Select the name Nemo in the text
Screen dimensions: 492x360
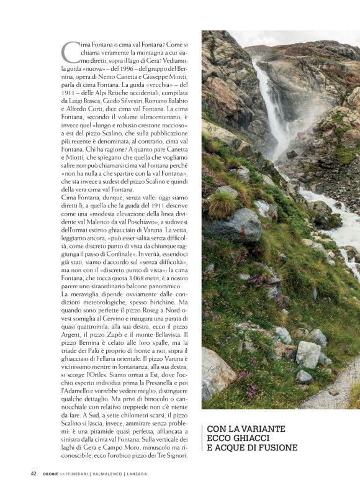click(105, 76)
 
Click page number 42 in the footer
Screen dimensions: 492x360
click(34, 473)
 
